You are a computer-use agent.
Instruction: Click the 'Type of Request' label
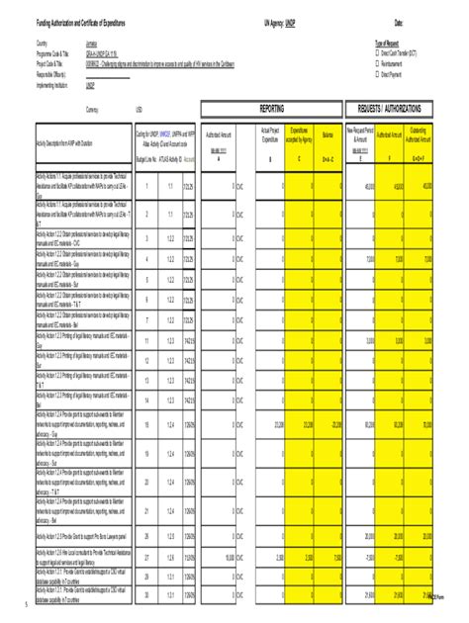(x=392, y=44)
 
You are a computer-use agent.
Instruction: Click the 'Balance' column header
(x=328, y=133)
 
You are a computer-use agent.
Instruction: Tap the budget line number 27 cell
(x=145, y=557)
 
